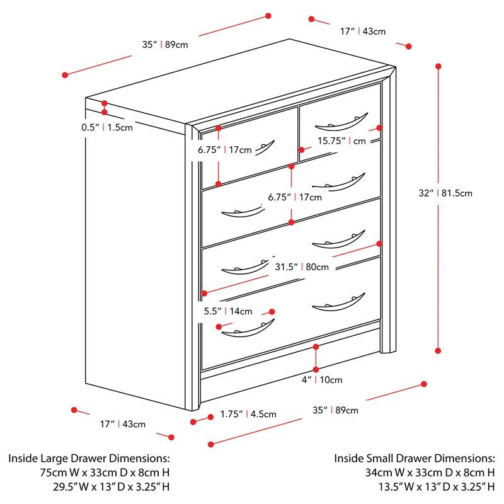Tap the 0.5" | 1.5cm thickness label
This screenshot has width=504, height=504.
(x=107, y=127)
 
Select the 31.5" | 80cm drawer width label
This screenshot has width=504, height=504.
(x=301, y=266)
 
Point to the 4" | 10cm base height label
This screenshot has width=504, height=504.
(x=321, y=379)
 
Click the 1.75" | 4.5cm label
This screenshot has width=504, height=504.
(x=248, y=414)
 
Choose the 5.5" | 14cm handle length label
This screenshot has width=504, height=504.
(x=227, y=311)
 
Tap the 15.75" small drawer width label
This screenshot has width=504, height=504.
(x=341, y=141)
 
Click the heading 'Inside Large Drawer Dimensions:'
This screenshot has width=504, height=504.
(x=89, y=458)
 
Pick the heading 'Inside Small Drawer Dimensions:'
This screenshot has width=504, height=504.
(x=415, y=458)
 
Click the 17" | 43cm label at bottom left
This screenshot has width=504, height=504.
(x=123, y=424)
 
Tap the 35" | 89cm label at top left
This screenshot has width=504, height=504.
(x=165, y=45)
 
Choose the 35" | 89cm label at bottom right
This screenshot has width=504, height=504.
(x=335, y=410)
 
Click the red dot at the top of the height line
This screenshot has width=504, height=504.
(x=438, y=66)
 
